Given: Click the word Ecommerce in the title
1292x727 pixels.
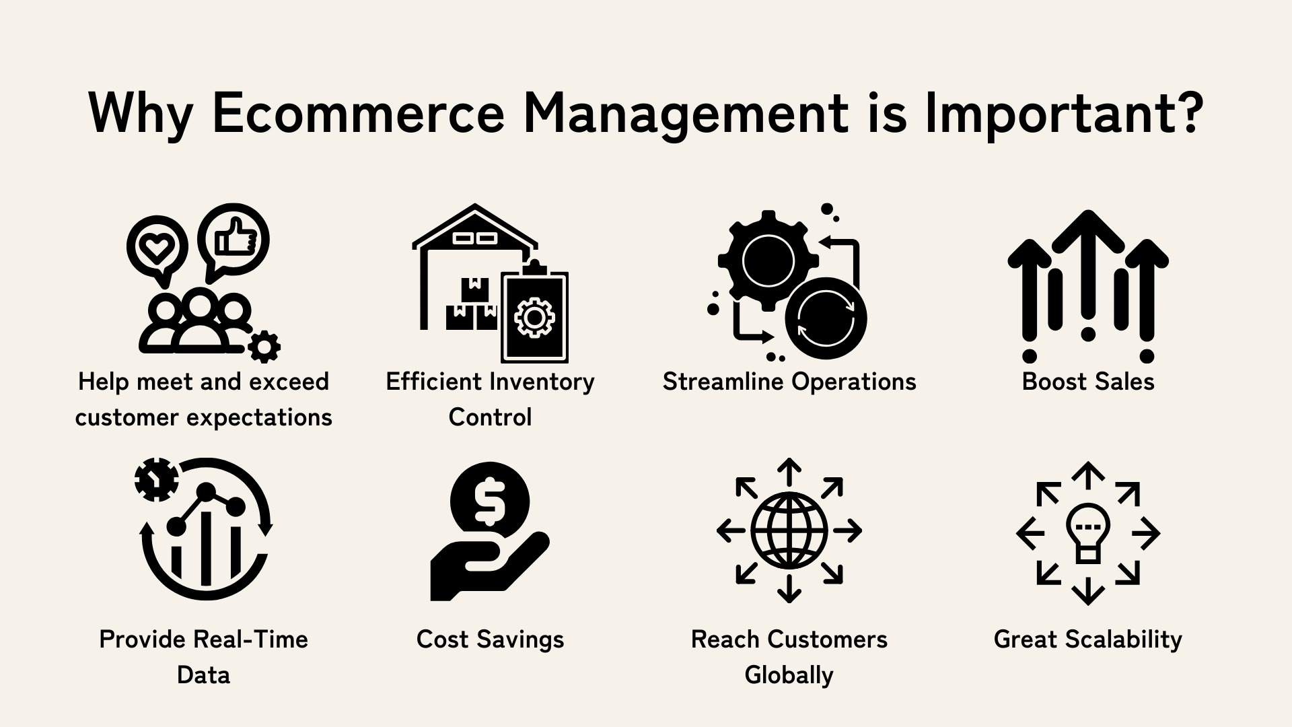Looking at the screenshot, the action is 358,112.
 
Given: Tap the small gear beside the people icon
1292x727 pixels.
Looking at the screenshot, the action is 264,347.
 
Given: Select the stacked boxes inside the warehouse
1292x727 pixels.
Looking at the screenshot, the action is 472,304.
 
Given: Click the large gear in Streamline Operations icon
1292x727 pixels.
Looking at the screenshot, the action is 768,261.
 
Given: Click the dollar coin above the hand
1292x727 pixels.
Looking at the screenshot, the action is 490,501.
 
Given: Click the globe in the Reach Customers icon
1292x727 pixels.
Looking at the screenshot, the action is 789,530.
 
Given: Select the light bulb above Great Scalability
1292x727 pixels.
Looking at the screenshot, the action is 1088,532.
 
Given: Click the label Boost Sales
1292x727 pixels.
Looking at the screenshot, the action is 1088,382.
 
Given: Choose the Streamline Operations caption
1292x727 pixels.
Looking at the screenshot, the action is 789,382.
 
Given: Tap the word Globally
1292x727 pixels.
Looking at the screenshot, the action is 789,674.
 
